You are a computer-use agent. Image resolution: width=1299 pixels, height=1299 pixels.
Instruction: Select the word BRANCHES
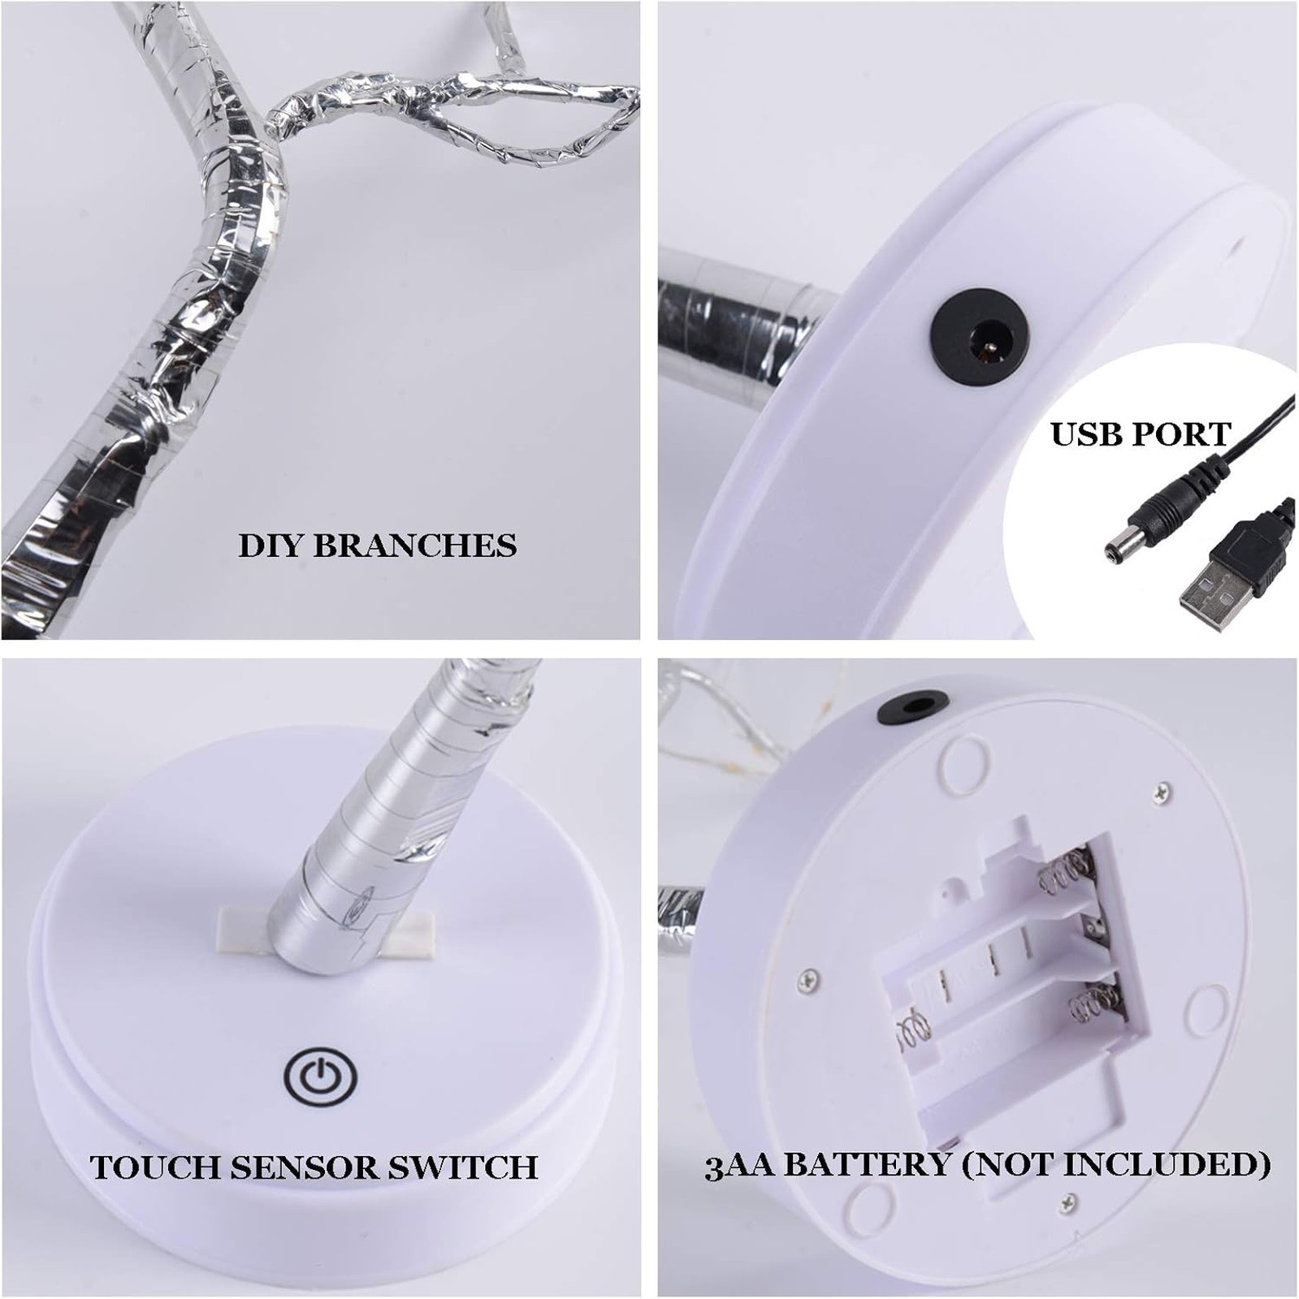pos(415,545)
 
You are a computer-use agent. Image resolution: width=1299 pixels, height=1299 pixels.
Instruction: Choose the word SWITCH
pos(463,1167)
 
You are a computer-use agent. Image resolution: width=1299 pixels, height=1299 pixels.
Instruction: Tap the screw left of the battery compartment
pos(807,980)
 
